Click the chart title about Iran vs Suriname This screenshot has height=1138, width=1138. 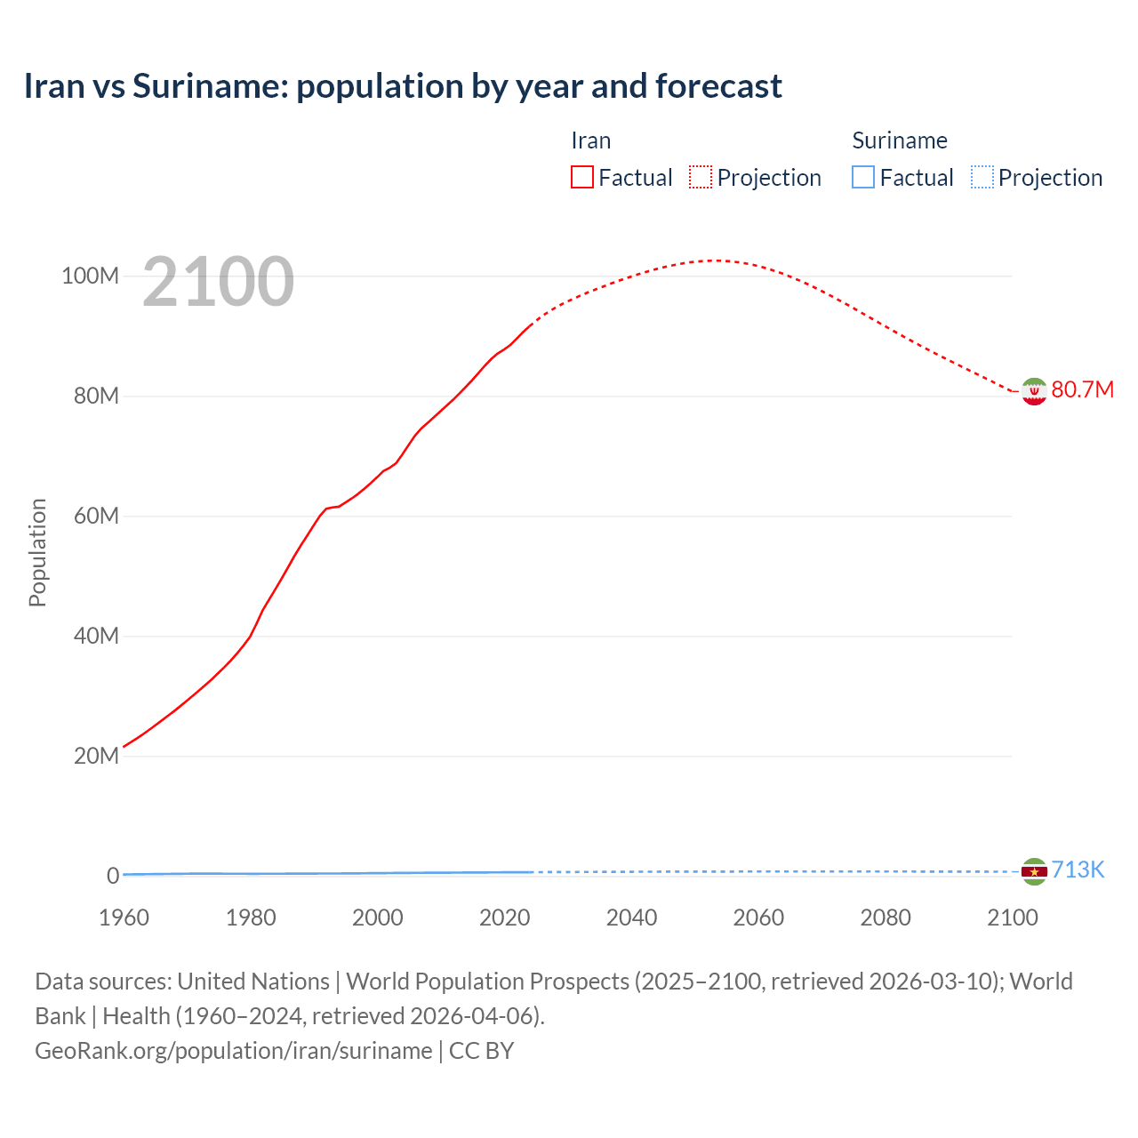point(403,86)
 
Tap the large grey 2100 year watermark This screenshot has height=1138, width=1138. point(218,282)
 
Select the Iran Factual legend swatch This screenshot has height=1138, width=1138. point(581,178)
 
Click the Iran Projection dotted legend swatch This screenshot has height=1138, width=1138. point(701,178)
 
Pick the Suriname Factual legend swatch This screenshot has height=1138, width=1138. point(862,178)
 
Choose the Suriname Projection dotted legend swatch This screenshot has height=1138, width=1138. point(982,178)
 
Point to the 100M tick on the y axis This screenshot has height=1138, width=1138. point(90,276)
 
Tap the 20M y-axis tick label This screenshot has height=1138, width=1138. point(96,757)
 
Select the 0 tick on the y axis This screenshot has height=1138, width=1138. point(113,876)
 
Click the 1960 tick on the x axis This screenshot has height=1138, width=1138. point(124,918)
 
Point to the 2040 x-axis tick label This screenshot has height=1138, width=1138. point(631,918)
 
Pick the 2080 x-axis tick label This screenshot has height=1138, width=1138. point(886,918)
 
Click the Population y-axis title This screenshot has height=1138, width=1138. point(37,552)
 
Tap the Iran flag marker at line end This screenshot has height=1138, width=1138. point(1033,391)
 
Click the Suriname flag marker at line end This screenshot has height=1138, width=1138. point(1033,871)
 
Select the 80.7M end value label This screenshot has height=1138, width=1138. point(1082,390)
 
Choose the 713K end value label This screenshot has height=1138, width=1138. point(1078,870)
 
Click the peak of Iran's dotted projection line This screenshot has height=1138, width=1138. point(715,260)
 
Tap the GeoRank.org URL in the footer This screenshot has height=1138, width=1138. point(233,1051)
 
